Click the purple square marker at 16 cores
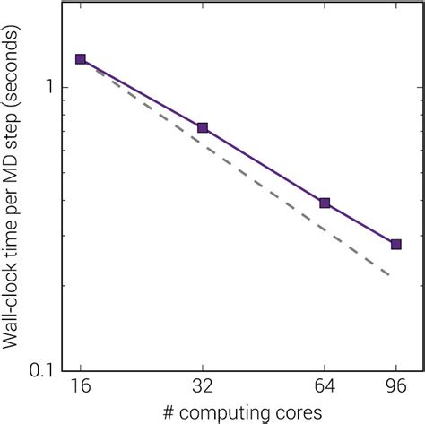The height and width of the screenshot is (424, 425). pyautogui.click(x=81, y=59)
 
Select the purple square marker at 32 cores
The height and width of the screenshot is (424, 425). pyautogui.click(x=203, y=128)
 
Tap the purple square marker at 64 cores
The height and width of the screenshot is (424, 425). pyautogui.click(x=325, y=203)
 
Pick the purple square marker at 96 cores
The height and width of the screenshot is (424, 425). pyautogui.click(x=395, y=244)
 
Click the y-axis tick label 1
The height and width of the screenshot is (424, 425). pyautogui.click(x=51, y=88)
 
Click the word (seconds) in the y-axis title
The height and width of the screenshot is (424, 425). pyautogui.click(x=16, y=77)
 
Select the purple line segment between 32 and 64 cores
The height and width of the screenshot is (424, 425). pyautogui.click(x=264, y=166)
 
